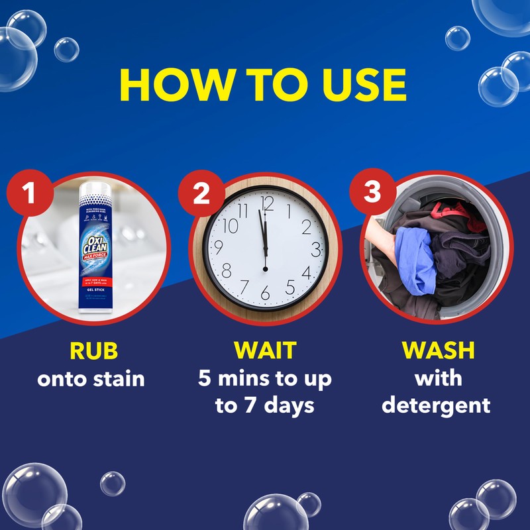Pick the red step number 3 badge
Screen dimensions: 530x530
(372, 192)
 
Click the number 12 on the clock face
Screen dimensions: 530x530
(267, 203)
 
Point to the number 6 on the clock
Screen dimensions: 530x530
(265, 292)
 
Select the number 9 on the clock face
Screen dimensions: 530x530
(221, 248)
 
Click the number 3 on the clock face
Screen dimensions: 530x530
(316, 249)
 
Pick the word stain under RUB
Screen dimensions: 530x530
(117, 379)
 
